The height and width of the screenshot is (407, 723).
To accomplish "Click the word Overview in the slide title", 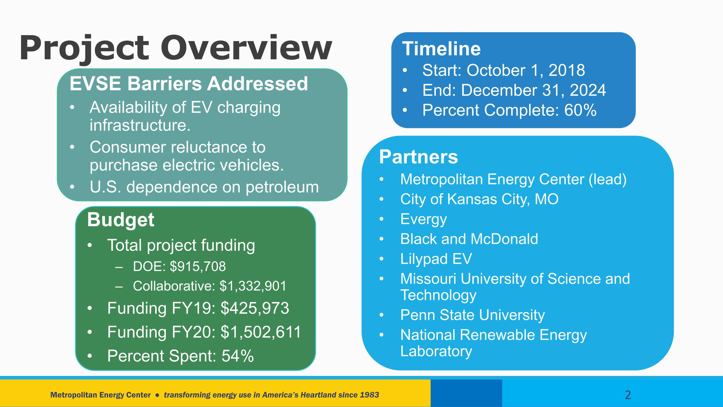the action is point(246,47).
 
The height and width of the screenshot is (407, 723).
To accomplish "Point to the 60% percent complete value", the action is point(580,110).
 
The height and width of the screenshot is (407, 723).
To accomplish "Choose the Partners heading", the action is point(419,157).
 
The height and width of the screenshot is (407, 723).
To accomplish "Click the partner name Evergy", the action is point(424,219).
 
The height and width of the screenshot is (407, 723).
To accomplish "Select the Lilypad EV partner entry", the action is point(436,259).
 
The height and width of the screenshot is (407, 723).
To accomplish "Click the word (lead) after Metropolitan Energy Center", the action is point(608,180).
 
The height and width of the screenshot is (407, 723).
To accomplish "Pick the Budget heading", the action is point(121,220).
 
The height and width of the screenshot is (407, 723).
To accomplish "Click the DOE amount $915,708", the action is point(198,266).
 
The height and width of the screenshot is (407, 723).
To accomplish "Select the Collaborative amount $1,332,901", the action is point(253,286).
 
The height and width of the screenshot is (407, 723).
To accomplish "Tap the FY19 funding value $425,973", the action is point(255,308).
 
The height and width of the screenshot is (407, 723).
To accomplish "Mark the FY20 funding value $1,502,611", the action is point(261,332).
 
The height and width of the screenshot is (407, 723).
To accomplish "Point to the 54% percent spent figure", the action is point(238,356).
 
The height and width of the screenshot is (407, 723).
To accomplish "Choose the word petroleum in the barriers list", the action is point(282,187).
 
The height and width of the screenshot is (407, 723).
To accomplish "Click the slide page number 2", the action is point(628,395).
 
